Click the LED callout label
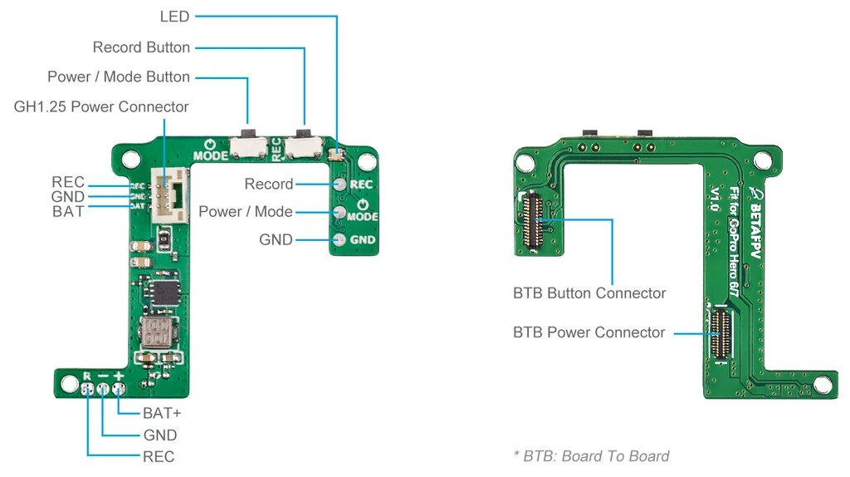[174, 17]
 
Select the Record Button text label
[141, 47]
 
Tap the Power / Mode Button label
[119, 77]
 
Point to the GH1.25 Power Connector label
[101, 107]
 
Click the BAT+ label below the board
[162, 413]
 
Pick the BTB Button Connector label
[589, 293]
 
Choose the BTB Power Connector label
[589, 332]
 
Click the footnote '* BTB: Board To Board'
[591, 455]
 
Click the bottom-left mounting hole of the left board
[66, 381]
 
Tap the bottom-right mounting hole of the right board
[823, 385]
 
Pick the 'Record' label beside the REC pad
[269, 184]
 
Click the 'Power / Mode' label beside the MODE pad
[246, 212]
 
